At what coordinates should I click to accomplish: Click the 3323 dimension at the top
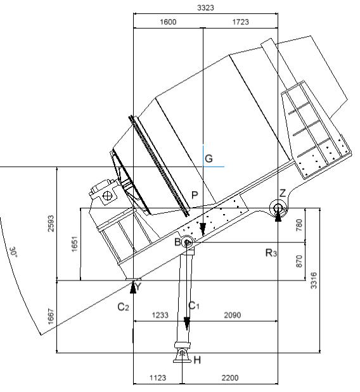click(x=205, y=8)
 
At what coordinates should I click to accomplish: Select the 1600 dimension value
click(x=168, y=22)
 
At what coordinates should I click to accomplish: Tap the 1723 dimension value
click(x=240, y=22)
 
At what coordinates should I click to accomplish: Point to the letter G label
click(x=209, y=158)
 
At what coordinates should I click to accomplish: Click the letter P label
click(x=195, y=195)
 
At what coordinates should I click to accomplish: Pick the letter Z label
click(x=282, y=193)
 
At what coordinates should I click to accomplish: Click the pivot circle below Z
click(x=278, y=208)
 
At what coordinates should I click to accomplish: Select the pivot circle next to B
click(x=186, y=242)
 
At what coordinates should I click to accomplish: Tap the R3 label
click(x=271, y=253)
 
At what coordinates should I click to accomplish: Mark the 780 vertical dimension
click(x=299, y=225)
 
